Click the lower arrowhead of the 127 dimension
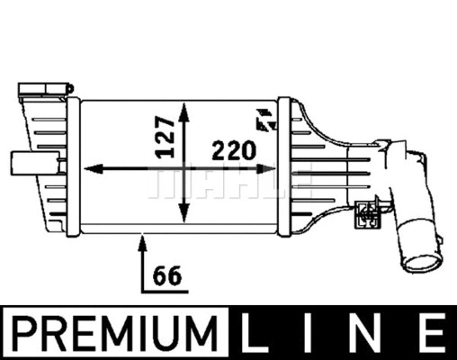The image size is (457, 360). [184, 216]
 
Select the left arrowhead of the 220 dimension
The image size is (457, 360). [91, 168]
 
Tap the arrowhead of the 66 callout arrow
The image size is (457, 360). [142, 239]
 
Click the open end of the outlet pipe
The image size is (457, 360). [420, 264]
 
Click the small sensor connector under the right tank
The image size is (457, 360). [366, 211]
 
